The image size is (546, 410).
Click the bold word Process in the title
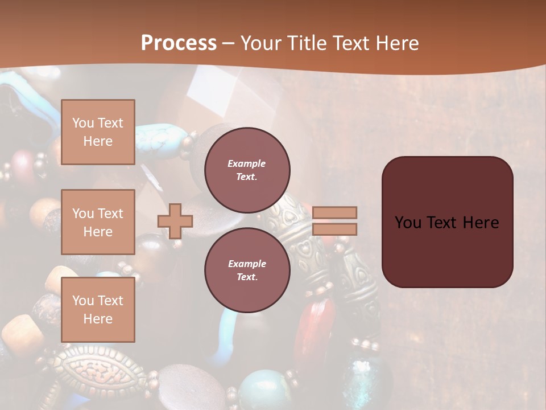pyautogui.click(x=179, y=43)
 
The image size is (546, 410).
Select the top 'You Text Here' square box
pyautogui.click(x=98, y=132)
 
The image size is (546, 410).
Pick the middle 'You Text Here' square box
pyautogui.click(x=98, y=222)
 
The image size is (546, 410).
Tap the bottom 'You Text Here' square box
pyautogui.click(x=98, y=310)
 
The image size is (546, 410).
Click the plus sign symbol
pyautogui.click(x=175, y=222)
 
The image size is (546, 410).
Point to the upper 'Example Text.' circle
pyautogui.click(x=247, y=170)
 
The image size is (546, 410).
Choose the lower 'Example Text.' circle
pyautogui.click(x=247, y=270)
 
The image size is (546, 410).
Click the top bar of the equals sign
pyautogui.click(x=335, y=213)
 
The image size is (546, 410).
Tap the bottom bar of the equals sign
pyautogui.click(x=335, y=229)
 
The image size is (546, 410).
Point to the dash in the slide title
pyautogui.click(x=229, y=44)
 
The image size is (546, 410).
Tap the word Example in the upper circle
pyautogui.click(x=247, y=163)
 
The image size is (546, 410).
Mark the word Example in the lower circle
pyautogui.click(x=247, y=264)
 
